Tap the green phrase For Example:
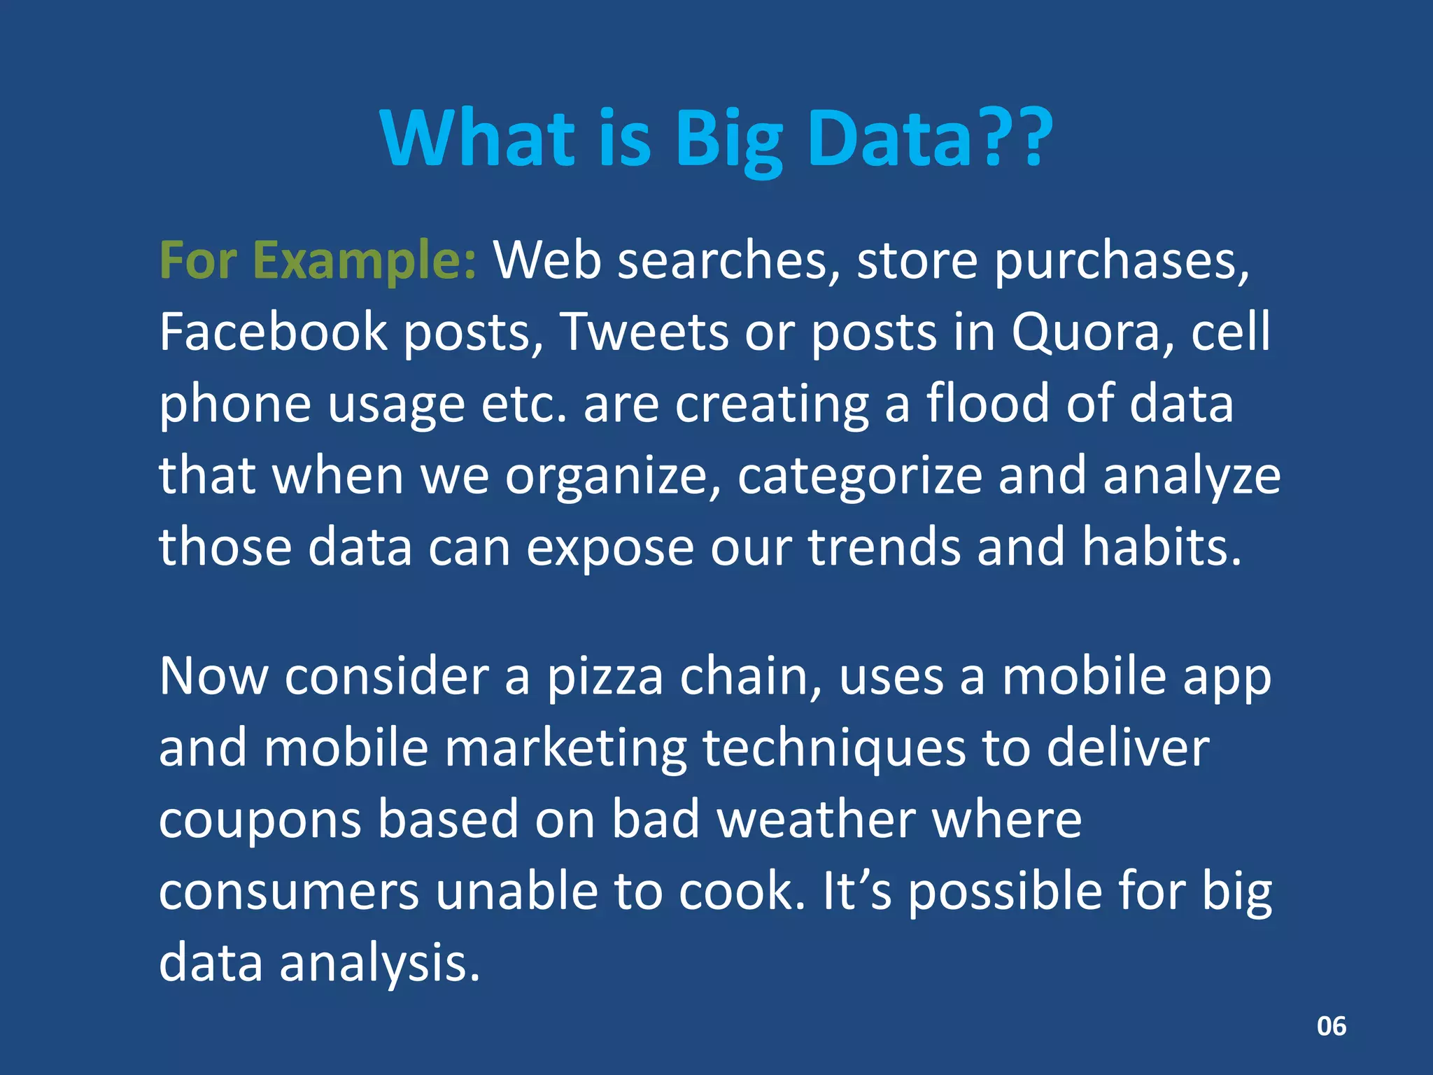tap(318, 261)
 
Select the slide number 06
tap(1331, 1026)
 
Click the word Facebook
tap(273, 332)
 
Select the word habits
tap(1161, 547)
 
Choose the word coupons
tap(260, 821)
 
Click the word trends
tap(884, 547)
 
